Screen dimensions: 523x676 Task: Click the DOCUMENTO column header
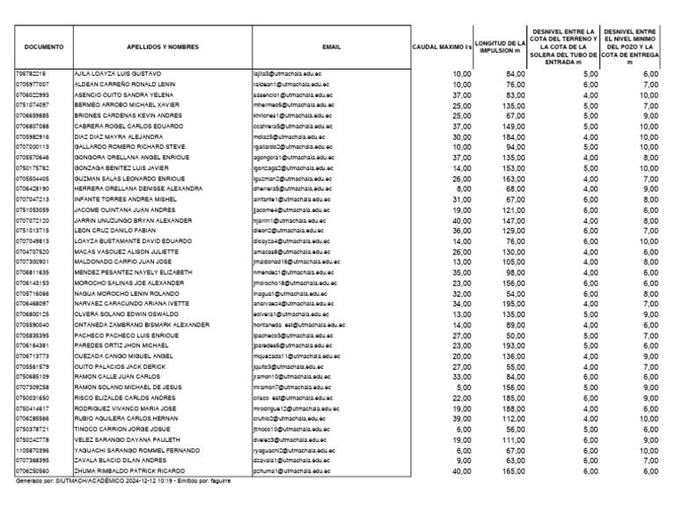click(x=42, y=46)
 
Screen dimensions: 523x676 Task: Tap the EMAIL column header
click(x=331, y=46)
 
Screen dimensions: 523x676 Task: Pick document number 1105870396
click(x=33, y=450)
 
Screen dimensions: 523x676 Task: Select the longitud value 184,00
click(x=511, y=136)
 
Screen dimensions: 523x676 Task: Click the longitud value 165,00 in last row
click(x=511, y=472)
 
